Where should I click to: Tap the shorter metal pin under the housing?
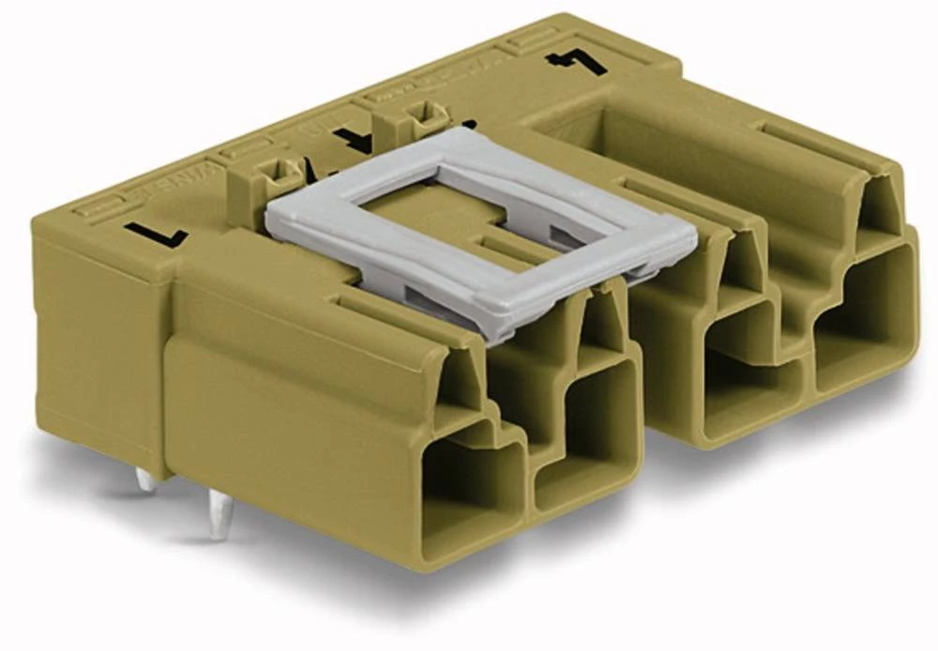[145, 480]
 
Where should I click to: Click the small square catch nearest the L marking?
[273, 173]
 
